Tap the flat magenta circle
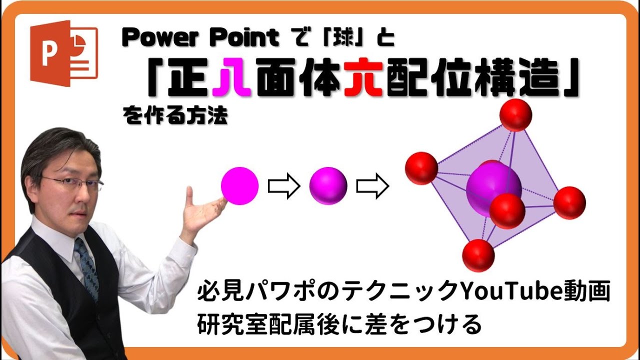point(240,186)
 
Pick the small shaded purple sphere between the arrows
point(328,186)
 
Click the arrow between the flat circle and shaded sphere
point(284,186)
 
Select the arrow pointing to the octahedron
point(372,186)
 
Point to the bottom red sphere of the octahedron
point(478,255)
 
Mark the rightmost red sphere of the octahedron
point(569,202)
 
